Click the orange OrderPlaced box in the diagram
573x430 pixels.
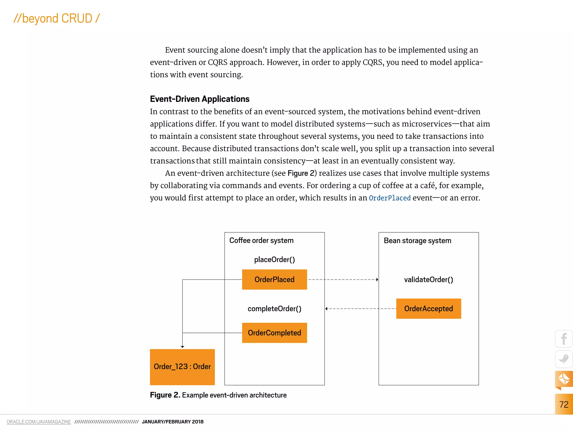[274, 279]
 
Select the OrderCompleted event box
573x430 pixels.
[274, 333]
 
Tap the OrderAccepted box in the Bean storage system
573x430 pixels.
[428, 309]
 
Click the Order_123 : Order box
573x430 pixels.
[182, 367]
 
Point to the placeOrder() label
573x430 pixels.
[274, 260]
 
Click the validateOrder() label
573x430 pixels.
[428, 279]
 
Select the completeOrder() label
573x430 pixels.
[274, 309]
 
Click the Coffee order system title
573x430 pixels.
[261, 240]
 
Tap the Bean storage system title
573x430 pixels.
[417, 241]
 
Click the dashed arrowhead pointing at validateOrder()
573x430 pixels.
[377, 279]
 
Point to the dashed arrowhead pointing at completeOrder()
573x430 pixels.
[327, 309]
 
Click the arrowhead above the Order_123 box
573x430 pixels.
[182, 347]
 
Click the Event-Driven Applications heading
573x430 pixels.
[199, 99]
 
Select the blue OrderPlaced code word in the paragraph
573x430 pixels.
[389, 198]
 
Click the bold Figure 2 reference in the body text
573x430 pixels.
[301, 173]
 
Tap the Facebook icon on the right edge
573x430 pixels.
[563, 339]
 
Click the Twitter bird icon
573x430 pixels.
[563, 359]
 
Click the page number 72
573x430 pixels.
[563, 404]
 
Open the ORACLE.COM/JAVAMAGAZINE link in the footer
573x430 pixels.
[39, 422]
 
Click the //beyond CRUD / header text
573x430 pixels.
[57, 18]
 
